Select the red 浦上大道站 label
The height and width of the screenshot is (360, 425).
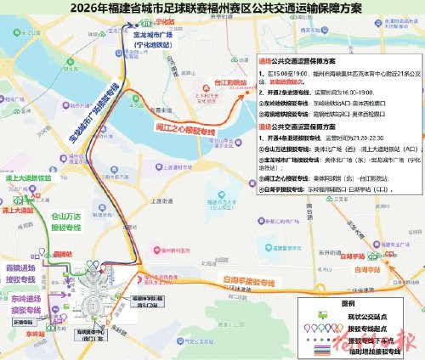(x=18, y=208)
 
